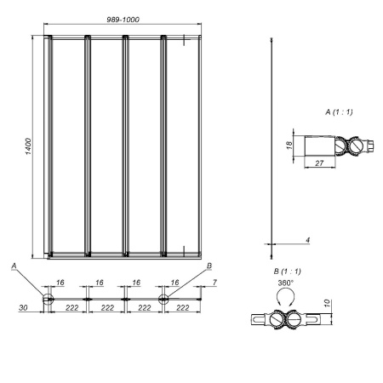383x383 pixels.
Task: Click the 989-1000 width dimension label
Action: click(123, 20)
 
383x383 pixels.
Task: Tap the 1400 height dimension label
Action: click(29, 146)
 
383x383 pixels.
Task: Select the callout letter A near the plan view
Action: click(14, 266)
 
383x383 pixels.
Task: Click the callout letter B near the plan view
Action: click(209, 266)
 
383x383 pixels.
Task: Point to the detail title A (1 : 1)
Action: click(339, 112)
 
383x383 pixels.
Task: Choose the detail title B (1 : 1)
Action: click(287, 272)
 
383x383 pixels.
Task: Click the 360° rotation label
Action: click(286, 283)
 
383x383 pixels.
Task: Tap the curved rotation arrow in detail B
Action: click(285, 295)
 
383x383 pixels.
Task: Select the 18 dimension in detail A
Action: click(289, 146)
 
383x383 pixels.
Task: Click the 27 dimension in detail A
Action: click(319, 163)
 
